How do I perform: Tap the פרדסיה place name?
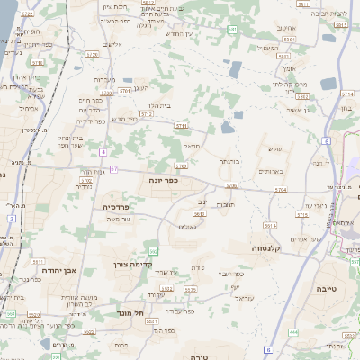(108, 206)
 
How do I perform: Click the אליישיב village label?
(112, 44)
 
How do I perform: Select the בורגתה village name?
(229, 161)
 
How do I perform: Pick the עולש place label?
(275, 148)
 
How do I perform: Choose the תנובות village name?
(226, 204)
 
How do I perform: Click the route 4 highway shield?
(103, 151)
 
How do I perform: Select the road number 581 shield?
(231, 30)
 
